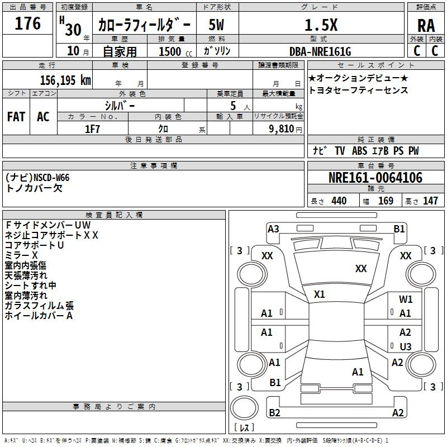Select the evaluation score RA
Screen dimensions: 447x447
(426, 26)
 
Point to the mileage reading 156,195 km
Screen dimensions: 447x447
(65, 79)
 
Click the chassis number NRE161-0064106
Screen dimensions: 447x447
(375, 178)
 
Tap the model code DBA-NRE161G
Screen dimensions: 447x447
(320, 51)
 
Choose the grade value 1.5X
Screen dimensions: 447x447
(320, 25)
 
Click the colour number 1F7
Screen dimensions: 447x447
(93, 129)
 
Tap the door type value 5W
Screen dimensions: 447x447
(217, 25)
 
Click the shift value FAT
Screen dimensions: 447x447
(16, 117)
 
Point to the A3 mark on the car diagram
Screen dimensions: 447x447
(273, 229)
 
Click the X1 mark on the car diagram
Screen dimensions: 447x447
(320, 294)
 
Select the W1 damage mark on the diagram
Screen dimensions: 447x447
(406, 299)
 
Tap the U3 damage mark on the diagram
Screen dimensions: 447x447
(406, 347)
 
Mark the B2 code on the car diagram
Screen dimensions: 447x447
(274, 412)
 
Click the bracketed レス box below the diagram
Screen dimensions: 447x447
(244, 428)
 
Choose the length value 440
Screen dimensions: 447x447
(339, 201)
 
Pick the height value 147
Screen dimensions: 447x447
(430, 201)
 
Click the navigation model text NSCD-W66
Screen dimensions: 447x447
(51, 178)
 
